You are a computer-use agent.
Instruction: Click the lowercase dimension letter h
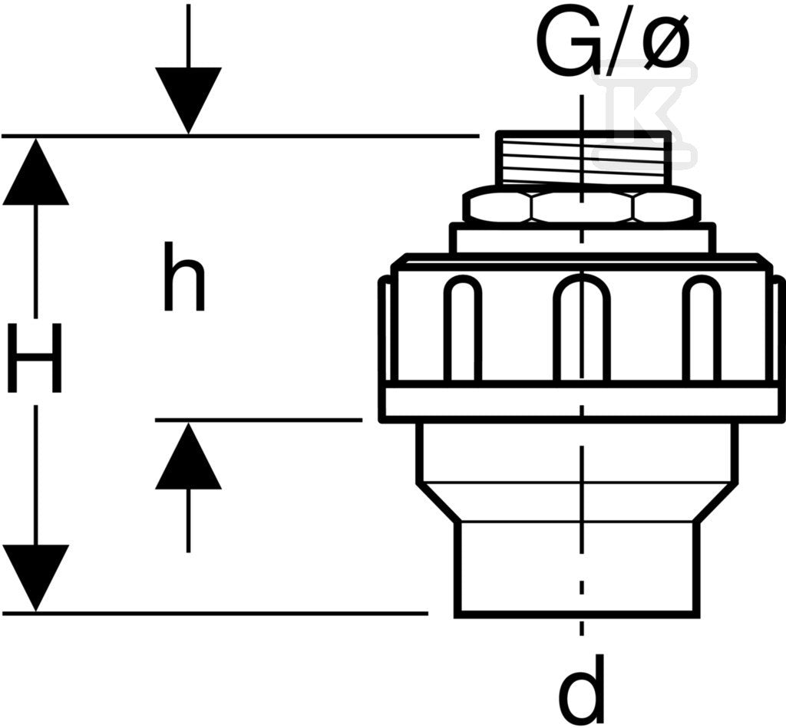click(184, 276)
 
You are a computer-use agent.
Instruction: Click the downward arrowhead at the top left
click(189, 100)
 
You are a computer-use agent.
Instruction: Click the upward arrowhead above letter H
click(35, 171)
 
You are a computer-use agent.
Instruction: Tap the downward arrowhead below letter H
click(35, 578)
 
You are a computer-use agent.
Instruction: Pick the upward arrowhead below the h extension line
click(189, 455)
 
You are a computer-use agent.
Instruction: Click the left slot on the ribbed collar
click(462, 328)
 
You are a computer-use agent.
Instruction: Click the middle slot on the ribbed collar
click(582, 328)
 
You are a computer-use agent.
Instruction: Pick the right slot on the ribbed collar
click(702, 328)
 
